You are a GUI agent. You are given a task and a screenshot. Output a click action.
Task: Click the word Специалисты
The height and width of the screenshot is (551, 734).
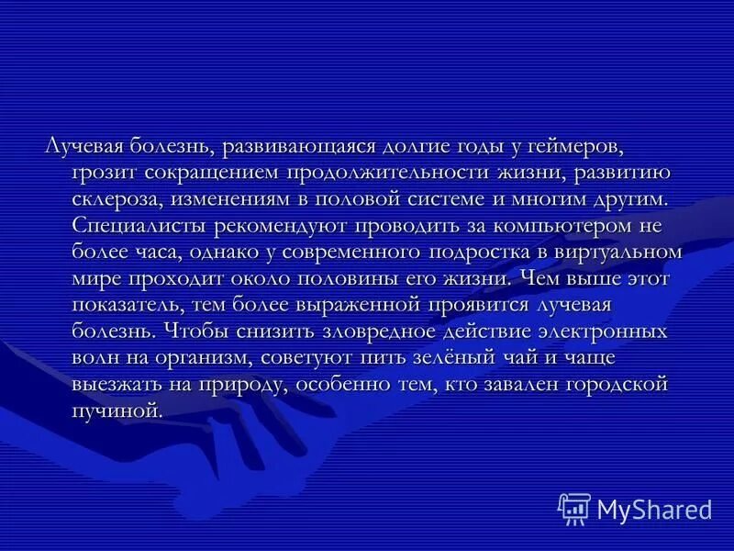click(x=137, y=224)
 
